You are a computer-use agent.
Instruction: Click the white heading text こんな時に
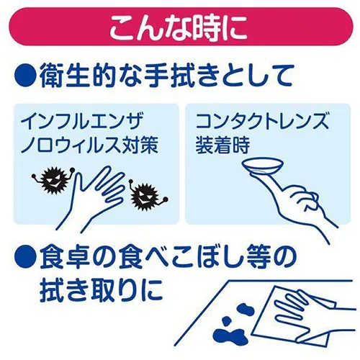[179, 27]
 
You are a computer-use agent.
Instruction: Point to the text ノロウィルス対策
[89, 145]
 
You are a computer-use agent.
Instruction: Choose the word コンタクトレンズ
[262, 122]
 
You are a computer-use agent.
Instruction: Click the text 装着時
[222, 145]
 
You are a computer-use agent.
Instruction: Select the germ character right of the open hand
[147, 196]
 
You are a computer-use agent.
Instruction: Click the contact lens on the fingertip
[263, 166]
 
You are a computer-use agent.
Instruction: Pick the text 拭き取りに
[101, 290]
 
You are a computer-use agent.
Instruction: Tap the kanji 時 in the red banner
[207, 27]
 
